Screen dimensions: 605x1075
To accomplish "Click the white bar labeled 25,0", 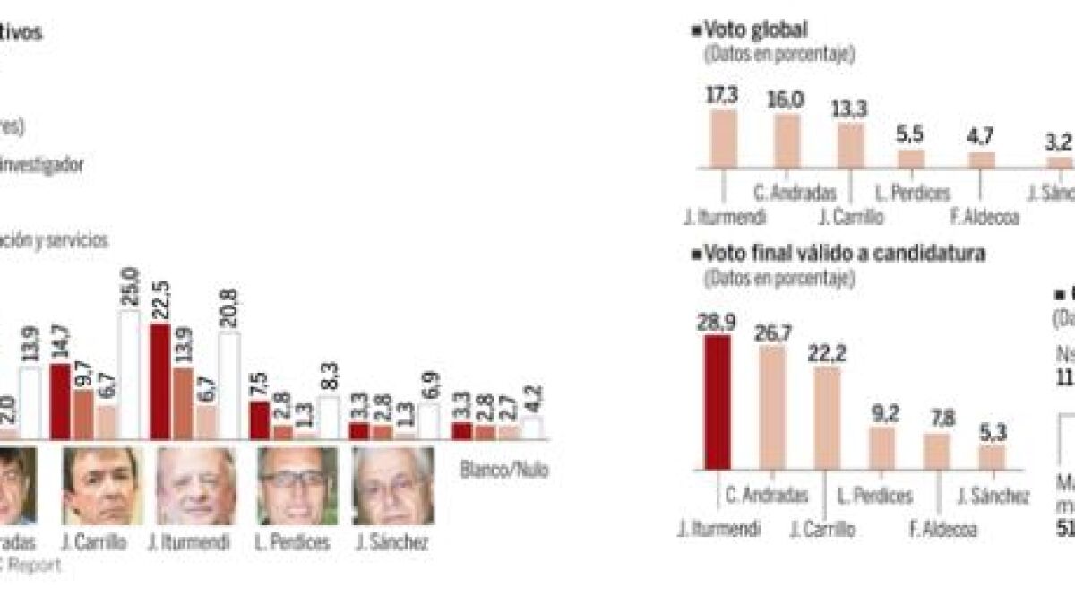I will click(x=130, y=375).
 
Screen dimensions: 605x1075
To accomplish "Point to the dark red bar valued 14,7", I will click(x=61, y=402).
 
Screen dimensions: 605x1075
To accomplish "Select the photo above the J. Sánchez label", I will click(x=393, y=486).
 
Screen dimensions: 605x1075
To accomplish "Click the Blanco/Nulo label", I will click(x=503, y=470).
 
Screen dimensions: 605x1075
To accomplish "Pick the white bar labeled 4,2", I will click(x=533, y=428).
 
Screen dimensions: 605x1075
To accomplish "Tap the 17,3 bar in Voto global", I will click(x=723, y=139).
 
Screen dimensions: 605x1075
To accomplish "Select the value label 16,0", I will click(x=787, y=99).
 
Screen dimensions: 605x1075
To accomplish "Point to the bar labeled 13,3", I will click(x=851, y=145).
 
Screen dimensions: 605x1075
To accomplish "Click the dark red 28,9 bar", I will click(x=718, y=402).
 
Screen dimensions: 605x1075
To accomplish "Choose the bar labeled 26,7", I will click(x=772, y=408).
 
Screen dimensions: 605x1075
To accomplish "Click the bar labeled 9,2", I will click(x=881, y=447).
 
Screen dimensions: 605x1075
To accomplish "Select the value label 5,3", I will click(x=992, y=431).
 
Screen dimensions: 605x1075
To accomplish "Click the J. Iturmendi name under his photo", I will click(x=194, y=542).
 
